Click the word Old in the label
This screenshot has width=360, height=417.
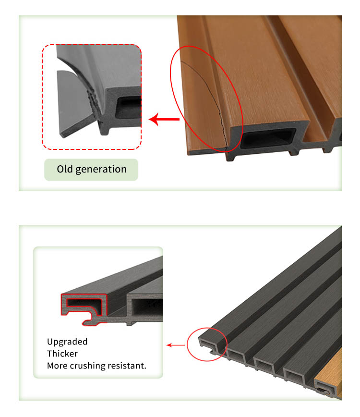coord(65,170)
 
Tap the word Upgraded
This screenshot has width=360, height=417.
coord(67,342)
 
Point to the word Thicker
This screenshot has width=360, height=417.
coord(62,354)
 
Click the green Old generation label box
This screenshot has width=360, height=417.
coord(91,170)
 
